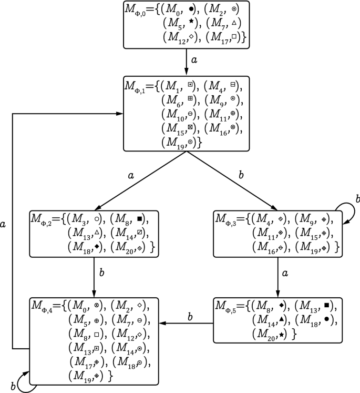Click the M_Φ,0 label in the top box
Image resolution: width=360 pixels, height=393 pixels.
click(x=138, y=11)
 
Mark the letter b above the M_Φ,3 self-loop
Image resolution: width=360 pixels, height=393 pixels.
click(x=357, y=198)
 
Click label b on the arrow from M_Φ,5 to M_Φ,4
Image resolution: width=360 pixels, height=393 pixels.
click(x=190, y=316)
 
